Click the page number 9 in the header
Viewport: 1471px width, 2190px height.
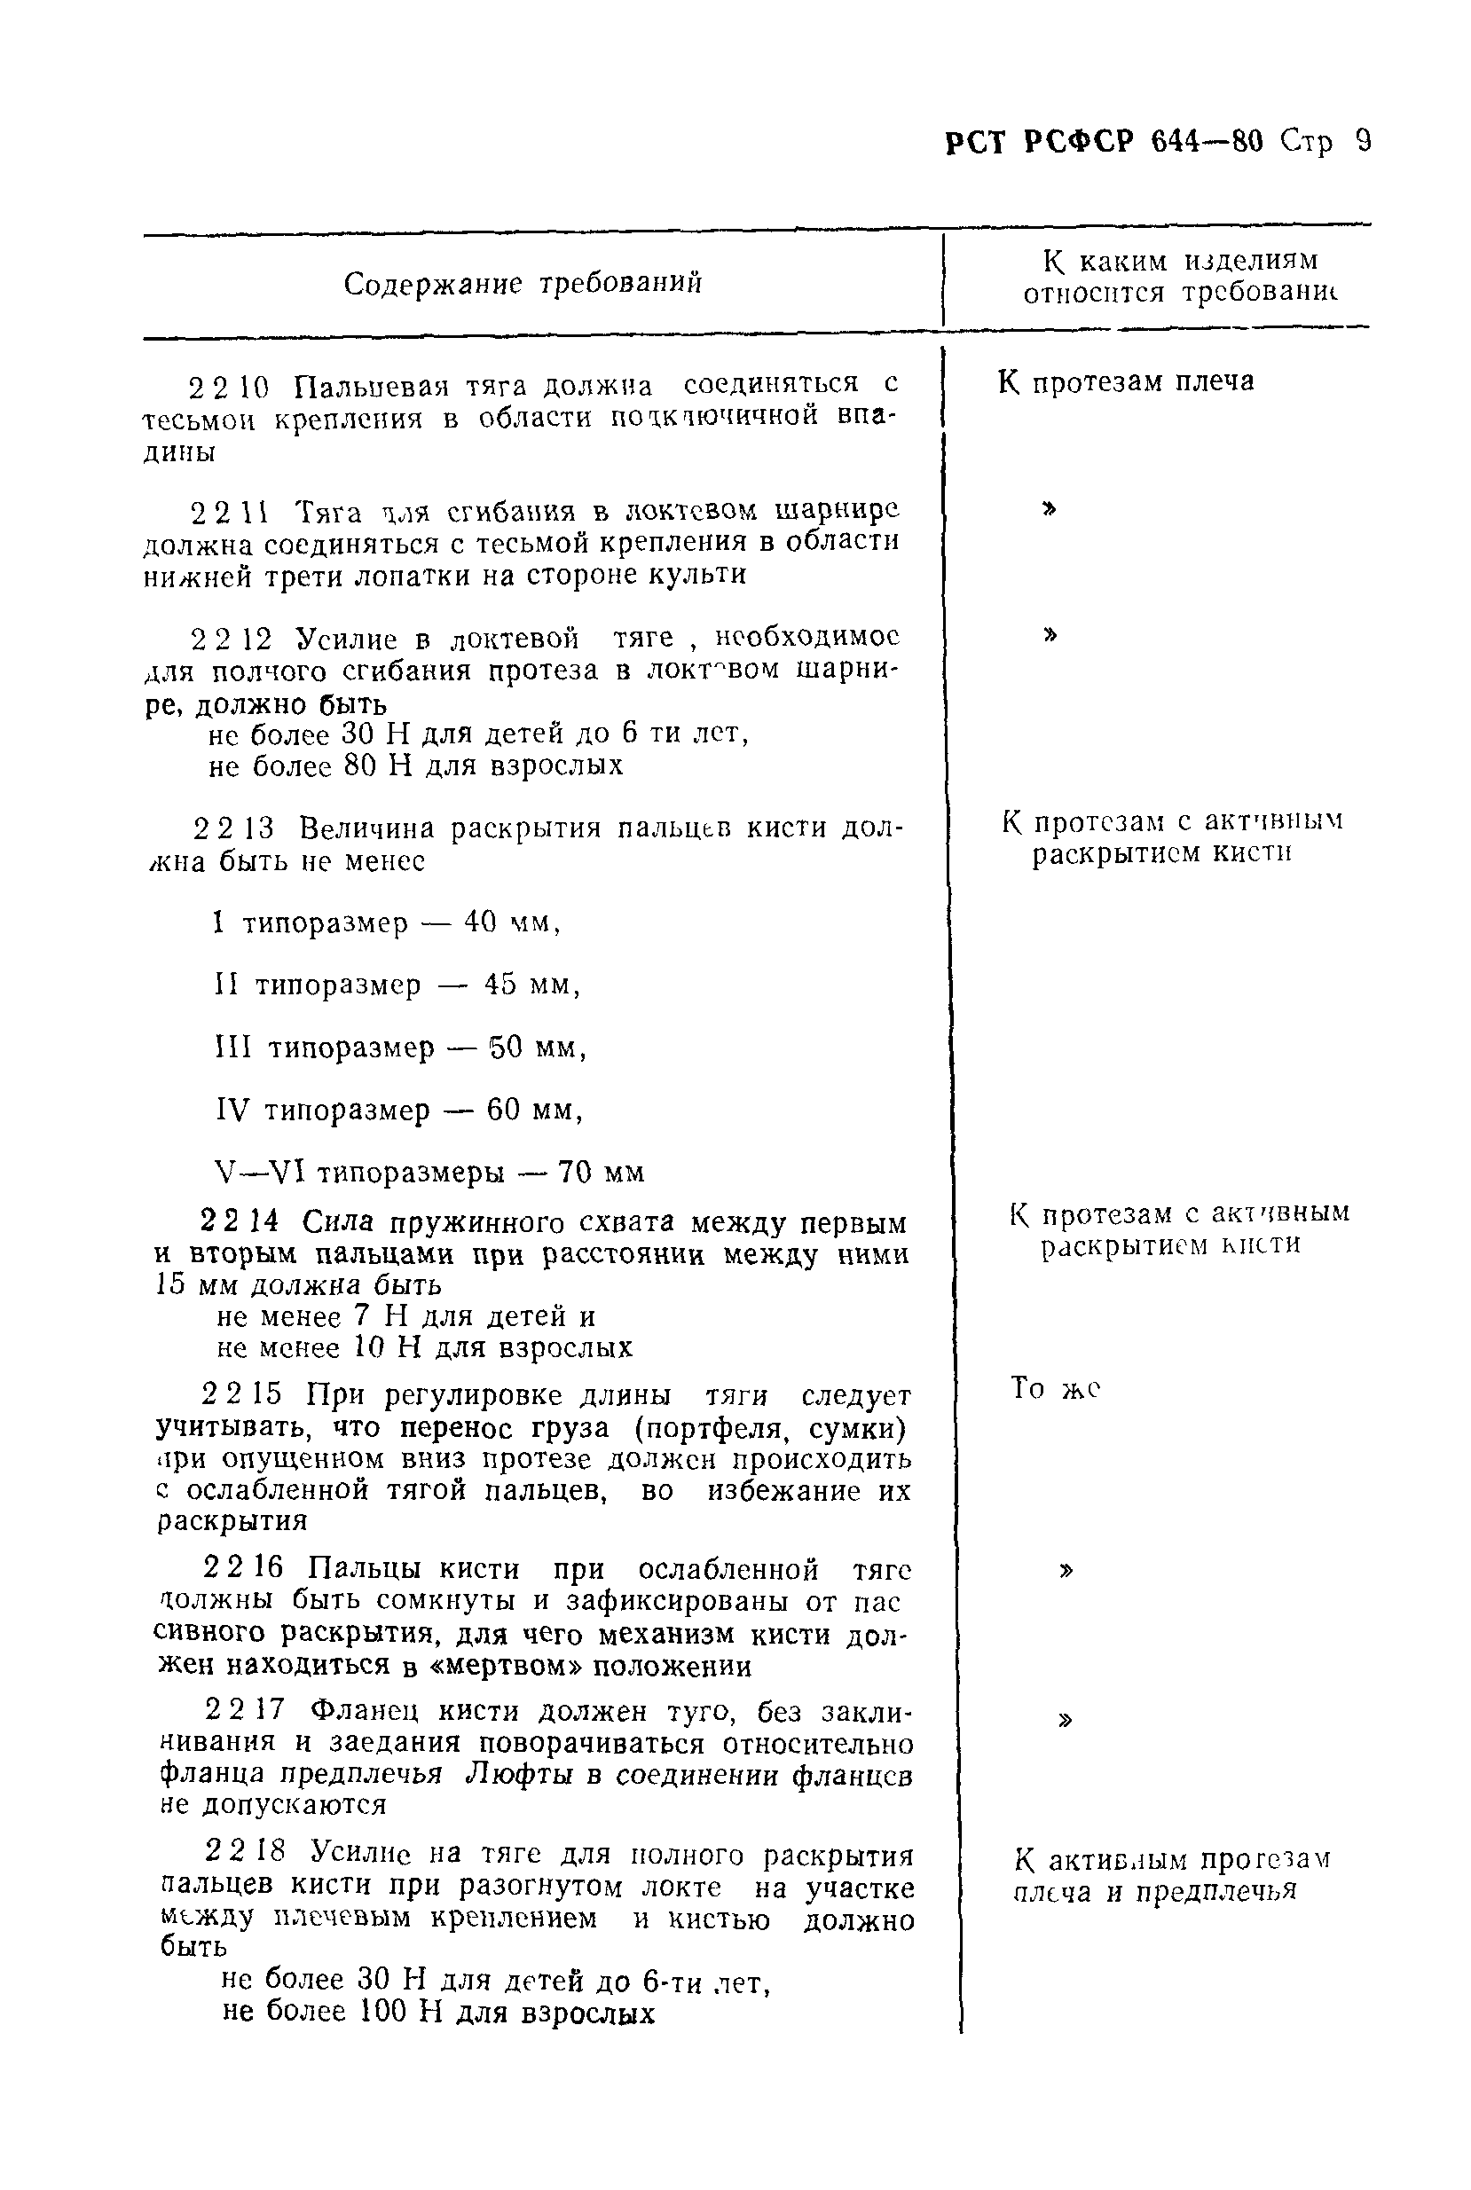(x=1362, y=142)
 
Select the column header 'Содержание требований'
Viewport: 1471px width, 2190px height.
(x=523, y=282)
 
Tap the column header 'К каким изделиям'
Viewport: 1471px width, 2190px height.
(x=1181, y=260)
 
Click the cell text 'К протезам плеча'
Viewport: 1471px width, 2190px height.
(x=1126, y=381)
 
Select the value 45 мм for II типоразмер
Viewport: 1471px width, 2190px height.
(x=532, y=985)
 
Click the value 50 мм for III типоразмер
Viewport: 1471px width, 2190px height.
(x=538, y=1047)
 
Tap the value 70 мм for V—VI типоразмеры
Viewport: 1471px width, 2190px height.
(x=601, y=1173)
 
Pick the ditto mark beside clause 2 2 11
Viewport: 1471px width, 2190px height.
(x=1050, y=508)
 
